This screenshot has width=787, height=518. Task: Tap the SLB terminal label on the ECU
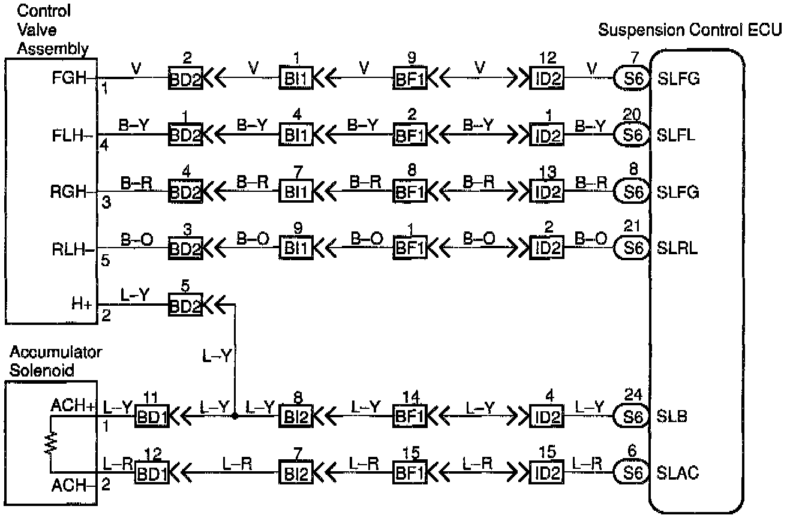click(672, 415)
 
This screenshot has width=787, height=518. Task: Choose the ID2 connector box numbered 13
click(546, 192)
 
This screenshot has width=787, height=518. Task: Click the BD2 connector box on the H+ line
click(185, 305)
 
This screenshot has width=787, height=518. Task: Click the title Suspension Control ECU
click(690, 31)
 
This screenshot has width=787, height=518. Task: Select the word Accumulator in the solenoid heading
click(55, 353)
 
